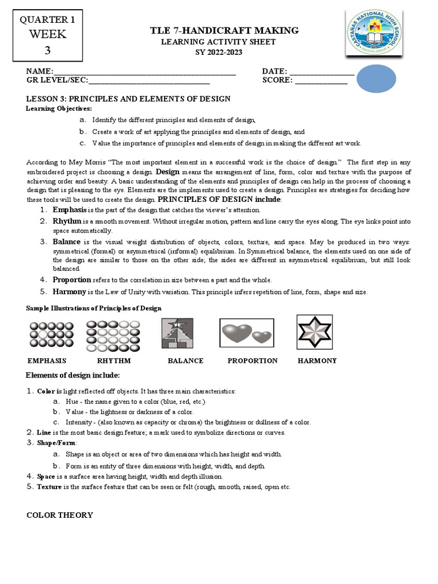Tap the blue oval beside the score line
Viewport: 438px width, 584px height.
tap(376, 79)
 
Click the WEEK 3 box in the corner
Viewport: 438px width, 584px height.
tap(47, 35)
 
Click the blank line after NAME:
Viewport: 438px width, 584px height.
tap(144, 72)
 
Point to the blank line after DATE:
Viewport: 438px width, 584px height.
tap(322, 72)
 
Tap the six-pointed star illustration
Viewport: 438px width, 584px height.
tap(314, 332)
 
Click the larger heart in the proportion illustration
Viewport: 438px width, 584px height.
tap(237, 333)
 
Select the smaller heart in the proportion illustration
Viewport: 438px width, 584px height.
tap(262, 337)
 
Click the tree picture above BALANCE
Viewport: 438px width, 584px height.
tap(177, 334)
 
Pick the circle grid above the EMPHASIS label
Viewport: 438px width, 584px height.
tap(51, 335)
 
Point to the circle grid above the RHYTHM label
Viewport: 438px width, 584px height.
tap(113, 335)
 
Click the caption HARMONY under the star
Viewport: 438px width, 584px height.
tap(317, 361)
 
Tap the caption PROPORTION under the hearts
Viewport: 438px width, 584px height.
tap(252, 361)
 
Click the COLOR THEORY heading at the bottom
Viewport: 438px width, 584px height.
tap(60, 515)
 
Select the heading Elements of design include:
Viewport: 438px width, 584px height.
tap(73, 375)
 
